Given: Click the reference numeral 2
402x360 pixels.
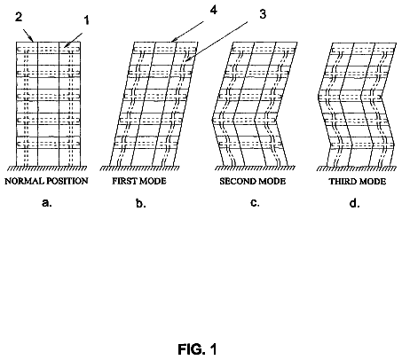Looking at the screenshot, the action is pos(19,17).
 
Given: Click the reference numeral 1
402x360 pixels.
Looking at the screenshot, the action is pos(86,20).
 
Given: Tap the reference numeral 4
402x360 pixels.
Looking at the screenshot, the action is pos(213,10).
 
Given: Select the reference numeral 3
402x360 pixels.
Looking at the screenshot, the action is pos(263,14).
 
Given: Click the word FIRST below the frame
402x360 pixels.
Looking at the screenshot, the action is pos(122,181).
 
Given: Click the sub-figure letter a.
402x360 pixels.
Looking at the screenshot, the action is pos(47,203).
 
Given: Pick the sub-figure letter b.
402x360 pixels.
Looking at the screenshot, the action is pos(140,203).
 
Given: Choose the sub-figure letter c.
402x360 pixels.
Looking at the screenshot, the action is pos(255,203).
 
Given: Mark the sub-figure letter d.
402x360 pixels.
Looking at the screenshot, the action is pos(354,203).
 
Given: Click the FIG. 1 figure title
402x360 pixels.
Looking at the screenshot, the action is pos(197,349).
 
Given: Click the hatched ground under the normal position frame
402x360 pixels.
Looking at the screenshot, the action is pos(47,168).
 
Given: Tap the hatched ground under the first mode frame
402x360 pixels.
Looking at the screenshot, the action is pos(139,168).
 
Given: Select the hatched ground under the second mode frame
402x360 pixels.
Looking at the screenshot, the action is pos(255,168).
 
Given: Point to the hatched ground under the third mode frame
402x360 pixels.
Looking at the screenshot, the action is pos(357,168).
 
